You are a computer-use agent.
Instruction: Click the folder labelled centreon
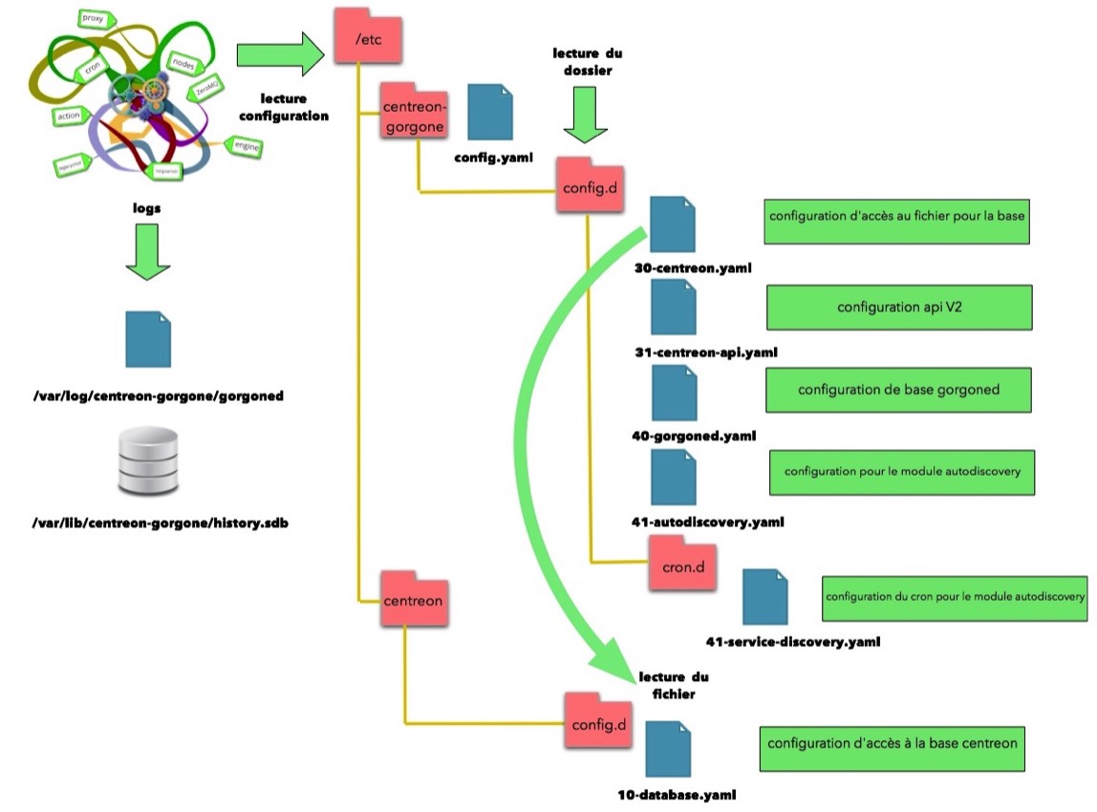click(x=413, y=599)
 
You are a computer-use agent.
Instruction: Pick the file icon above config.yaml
click(x=489, y=113)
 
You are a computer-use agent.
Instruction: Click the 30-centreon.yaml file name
click(x=685, y=268)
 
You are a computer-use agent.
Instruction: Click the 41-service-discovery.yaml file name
click(x=792, y=641)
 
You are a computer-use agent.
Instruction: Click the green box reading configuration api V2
click(x=898, y=308)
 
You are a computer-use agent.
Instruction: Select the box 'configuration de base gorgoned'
click(x=897, y=390)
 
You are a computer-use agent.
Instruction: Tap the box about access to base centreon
click(x=893, y=743)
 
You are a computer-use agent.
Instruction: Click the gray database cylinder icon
click(x=148, y=460)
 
